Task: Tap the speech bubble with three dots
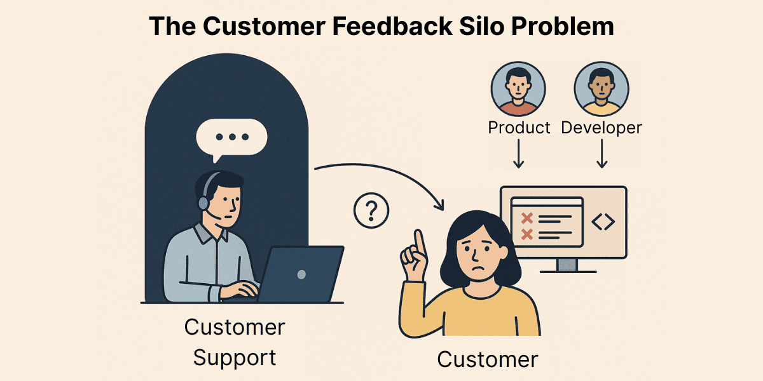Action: coord(231,137)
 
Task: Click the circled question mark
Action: coord(371,211)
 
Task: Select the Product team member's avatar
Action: coord(518,90)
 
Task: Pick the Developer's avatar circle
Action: coord(601,90)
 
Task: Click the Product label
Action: coord(519,128)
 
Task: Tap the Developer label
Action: coord(601,128)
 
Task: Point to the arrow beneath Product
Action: coord(518,154)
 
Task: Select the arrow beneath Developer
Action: coord(601,154)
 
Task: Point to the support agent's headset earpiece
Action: coord(203,203)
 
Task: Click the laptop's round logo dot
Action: coord(301,274)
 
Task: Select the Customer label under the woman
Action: coord(488,359)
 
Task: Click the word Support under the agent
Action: coord(235,357)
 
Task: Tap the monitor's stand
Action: coord(567,265)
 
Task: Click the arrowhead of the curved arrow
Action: coord(439,204)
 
